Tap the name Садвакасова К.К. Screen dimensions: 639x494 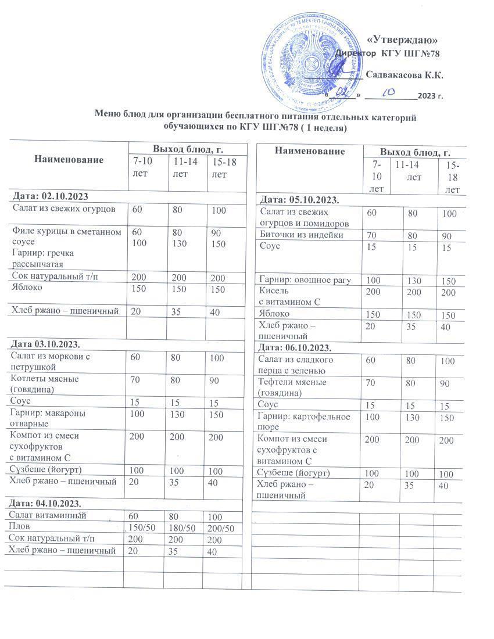[x=404, y=75]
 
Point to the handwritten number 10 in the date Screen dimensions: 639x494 [x=388, y=92]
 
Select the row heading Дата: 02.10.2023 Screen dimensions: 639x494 [x=49, y=196]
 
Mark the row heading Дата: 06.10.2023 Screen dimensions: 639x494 [x=295, y=347]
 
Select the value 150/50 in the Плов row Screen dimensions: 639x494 [x=142, y=527]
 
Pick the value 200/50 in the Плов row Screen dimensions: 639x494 [x=220, y=528]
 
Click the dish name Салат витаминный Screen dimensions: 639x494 [x=48, y=515]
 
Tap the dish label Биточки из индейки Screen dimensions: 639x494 [x=301, y=235]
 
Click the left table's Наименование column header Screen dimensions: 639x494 [x=69, y=159]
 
